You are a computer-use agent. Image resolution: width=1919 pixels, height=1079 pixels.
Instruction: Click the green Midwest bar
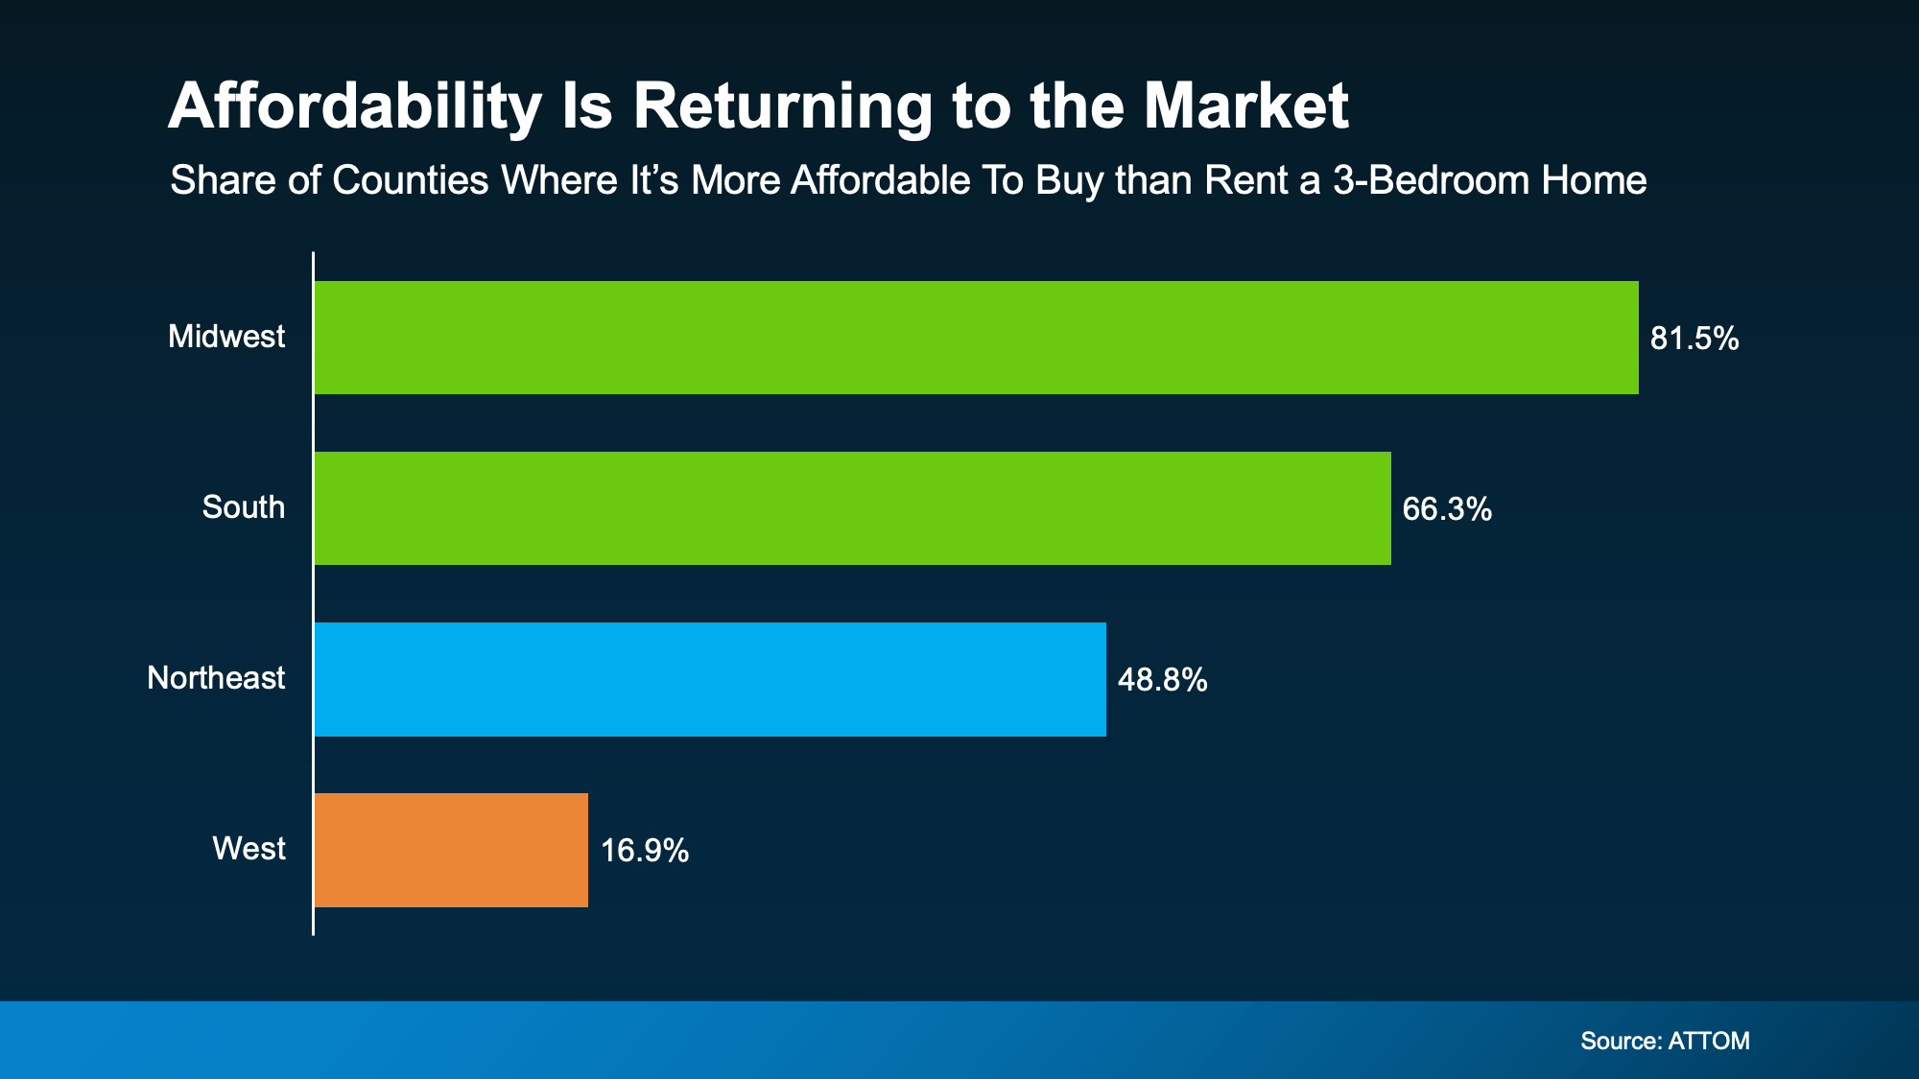click(x=976, y=338)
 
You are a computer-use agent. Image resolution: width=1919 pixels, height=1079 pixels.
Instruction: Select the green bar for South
click(x=852, y=508)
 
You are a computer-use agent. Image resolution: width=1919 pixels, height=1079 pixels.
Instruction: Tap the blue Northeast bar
click(x=710, y=679)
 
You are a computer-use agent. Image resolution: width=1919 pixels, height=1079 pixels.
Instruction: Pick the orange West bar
click(x=451, y=850)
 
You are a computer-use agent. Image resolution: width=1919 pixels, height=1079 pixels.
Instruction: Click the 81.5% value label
click(x=1694, y=339)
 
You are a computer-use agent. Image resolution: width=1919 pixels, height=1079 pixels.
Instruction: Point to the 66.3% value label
click(x=1446, y=509)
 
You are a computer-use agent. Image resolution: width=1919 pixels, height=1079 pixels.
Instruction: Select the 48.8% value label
click(x=1162, y=680)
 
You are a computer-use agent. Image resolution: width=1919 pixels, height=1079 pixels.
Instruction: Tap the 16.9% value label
click(x=644, y=851)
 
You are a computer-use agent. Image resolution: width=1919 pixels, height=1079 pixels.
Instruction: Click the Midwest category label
click(x=226, y=337)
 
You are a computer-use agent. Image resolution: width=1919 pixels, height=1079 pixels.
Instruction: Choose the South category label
click(x=243, y=507)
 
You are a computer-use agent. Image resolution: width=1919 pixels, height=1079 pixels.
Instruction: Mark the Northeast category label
click(x=216, y=678)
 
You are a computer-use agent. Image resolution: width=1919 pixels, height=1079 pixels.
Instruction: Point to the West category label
click(x=249, y=849)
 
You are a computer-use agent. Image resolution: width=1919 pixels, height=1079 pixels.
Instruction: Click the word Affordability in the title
click(x=354, y=107)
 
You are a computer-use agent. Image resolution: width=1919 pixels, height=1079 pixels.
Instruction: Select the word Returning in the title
click(x=782, y=107)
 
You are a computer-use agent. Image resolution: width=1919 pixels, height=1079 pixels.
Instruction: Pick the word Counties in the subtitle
click(x=410, y=181)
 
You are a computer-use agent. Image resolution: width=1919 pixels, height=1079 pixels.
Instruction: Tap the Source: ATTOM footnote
click(x=1665, y=1041)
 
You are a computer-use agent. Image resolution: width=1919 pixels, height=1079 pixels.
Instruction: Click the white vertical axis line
click(x=313, y=595)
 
